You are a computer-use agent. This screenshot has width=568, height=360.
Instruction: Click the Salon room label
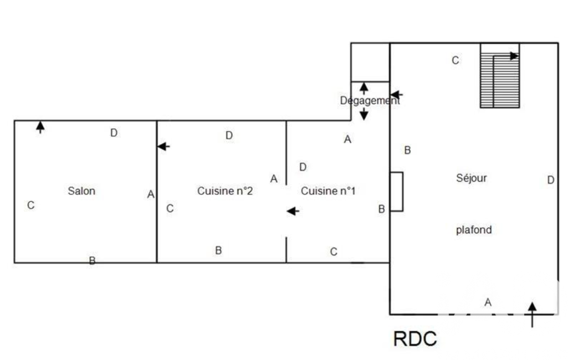coord(81,191)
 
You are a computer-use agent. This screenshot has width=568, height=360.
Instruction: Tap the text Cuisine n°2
coord(225,191)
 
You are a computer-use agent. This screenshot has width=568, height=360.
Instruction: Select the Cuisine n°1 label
coord(328,191)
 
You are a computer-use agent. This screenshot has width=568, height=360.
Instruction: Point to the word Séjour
coord(472,178)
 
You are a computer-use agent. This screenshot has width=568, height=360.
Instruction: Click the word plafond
coord(474,230)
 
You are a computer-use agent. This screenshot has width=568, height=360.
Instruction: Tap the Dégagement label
coord(369,101)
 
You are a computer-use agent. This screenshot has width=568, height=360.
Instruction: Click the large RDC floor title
coord(415,338)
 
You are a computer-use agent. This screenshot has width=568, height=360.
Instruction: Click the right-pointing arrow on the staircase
coord(514,55)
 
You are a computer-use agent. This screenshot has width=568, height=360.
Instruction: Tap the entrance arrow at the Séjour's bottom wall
coord(532,312)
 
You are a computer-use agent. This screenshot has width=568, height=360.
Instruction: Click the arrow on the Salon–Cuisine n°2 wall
coord(163,146)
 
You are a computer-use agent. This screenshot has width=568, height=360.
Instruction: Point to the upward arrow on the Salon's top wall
coord(40,127)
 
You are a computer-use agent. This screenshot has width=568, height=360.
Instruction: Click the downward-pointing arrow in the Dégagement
coord(364,115)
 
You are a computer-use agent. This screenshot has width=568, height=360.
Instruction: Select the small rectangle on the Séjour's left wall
coord(396,192)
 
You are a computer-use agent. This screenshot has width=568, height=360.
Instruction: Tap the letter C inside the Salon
coord(31,205)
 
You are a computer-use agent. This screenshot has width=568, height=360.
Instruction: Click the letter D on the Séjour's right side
coord(550,180)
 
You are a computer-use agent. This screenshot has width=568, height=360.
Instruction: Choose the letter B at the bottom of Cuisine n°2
coord(218,250)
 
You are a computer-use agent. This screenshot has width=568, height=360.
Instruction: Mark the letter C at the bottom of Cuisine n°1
coord(334,252)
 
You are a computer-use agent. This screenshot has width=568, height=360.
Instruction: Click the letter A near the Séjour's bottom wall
coord(488,302)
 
